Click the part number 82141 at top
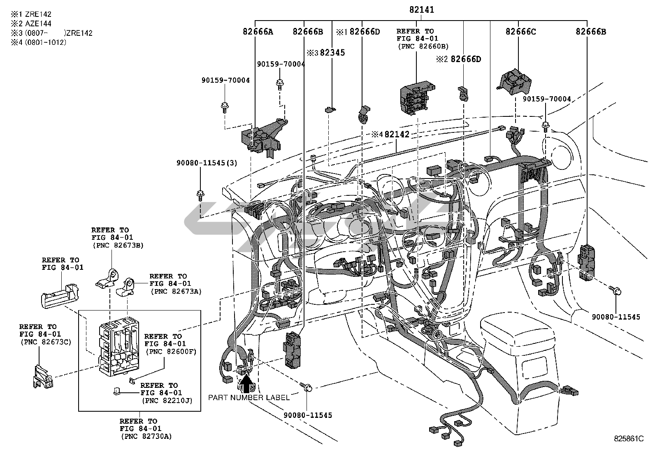[x=421, y=9]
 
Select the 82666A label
[x=258, y=32]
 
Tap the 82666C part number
[x=520, y=32]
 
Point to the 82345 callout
[x=332, y=53]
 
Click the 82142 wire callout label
[x=397, y=134]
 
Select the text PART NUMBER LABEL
[x=249, y=397]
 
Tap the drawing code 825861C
[x=629, y=439]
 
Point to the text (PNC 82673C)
[x=45, y=342]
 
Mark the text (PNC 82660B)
[x=423, y=46]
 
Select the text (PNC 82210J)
[x=167, y=400]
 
